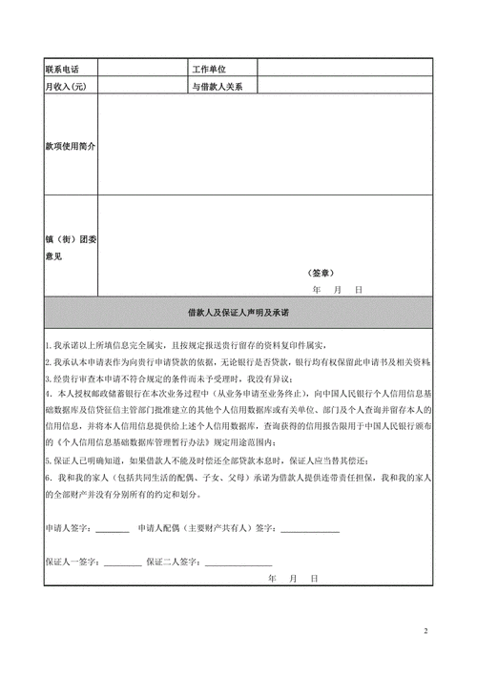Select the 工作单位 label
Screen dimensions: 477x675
tap(213, 69)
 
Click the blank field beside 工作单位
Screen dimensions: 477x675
tap(344, 69)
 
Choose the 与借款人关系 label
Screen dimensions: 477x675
tap(218, 87)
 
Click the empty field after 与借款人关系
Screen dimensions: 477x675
tap(344, 87)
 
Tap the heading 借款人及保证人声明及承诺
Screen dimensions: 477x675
tap(238, 313)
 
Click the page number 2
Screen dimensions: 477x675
tap(425, 630)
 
